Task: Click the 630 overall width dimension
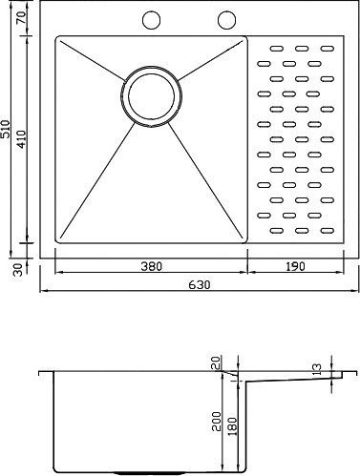(x=200, y=284)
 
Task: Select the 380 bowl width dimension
(x=152, y=266)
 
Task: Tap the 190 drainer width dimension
(x=295, y=266)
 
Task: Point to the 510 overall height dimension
(x=6, y=129)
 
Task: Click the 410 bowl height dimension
(x=22, y=139)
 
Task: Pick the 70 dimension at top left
(x=22, y=17)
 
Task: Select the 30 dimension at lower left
(x=18, y=270)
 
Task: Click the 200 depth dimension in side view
(x=217, y=422)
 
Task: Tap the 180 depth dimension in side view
(x=233, y=426)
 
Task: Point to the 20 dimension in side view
(x=217, y=362)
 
